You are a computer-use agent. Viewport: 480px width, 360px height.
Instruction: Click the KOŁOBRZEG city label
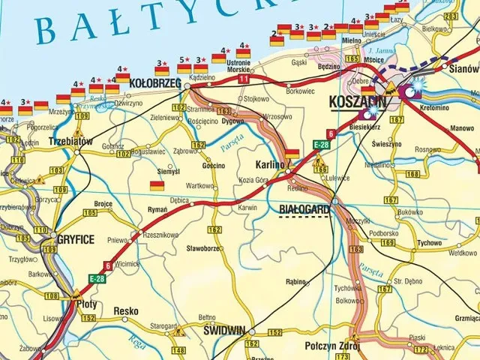pos(151,82)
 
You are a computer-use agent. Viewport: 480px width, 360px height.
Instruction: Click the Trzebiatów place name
pos(69,141)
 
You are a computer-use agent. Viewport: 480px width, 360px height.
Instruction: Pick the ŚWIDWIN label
pos(226,329)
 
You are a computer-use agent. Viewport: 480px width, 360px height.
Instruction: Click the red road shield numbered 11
pos(243,79)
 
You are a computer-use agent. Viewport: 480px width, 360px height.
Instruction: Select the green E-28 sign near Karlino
pos(321,144)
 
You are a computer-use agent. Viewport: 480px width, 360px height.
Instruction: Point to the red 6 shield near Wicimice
pos(108,265)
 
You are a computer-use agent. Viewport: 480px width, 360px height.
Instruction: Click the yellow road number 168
pos(412,174)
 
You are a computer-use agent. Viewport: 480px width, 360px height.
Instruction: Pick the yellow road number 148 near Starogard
pos(178,350)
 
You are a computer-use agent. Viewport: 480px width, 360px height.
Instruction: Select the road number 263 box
pos(451,16)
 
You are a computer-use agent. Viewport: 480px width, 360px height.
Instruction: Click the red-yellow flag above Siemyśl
pos(157,185)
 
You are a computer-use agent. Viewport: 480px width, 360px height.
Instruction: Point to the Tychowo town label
pos(429,243)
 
